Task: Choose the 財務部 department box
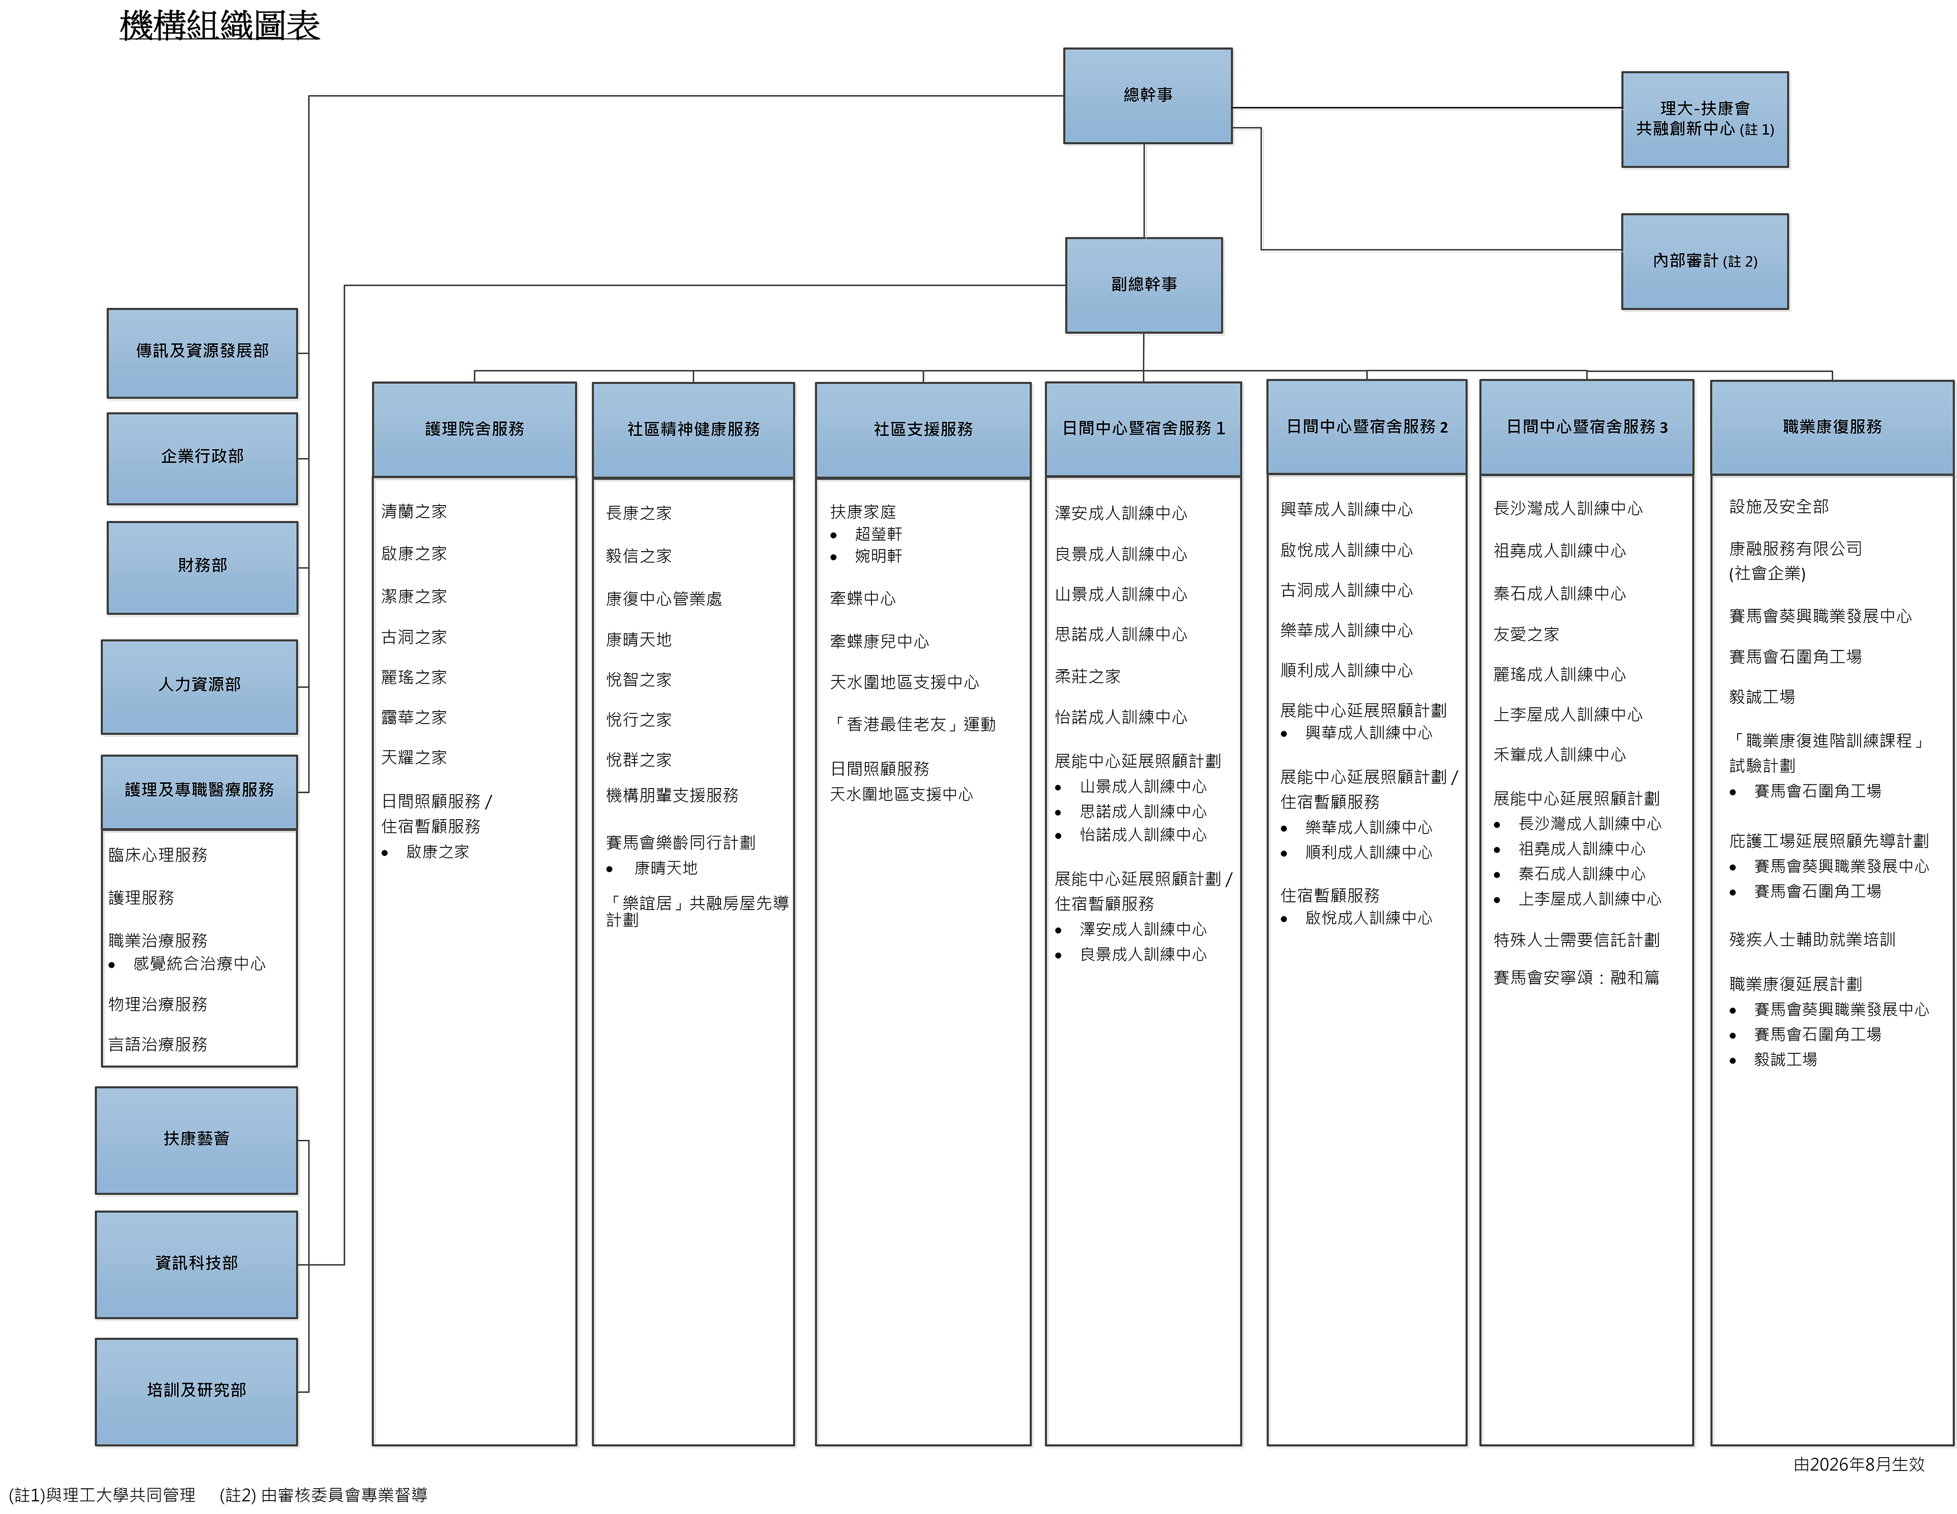(x=203, y=567)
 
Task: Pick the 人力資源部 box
(x=200, y=687)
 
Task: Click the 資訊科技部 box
(x=196, y=1264)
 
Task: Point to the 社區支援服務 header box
(x=923, y=430)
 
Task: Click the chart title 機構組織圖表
(x=219, y=25)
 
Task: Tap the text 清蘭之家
(x=414, y=512)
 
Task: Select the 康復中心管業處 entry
(x=664, y=599)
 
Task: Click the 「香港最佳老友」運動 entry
(x=913, y=725)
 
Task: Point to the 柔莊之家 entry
(x=1088, y=677)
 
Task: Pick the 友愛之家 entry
(x=1526, y=635)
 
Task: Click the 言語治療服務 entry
(x=158, y=1044)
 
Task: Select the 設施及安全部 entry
(x=1779, y=507)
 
